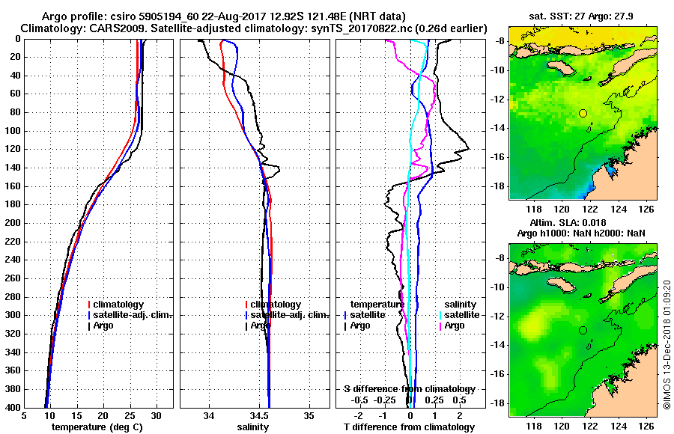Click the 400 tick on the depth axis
click(12, 407)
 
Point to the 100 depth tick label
click(12, 131)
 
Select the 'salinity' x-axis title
click(253, 427)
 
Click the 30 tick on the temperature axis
click(156, 416)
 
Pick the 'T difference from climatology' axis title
click(409, 427)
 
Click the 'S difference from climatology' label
click(409, 389)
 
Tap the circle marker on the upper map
click(583, 113)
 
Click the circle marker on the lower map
click(583, 330)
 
